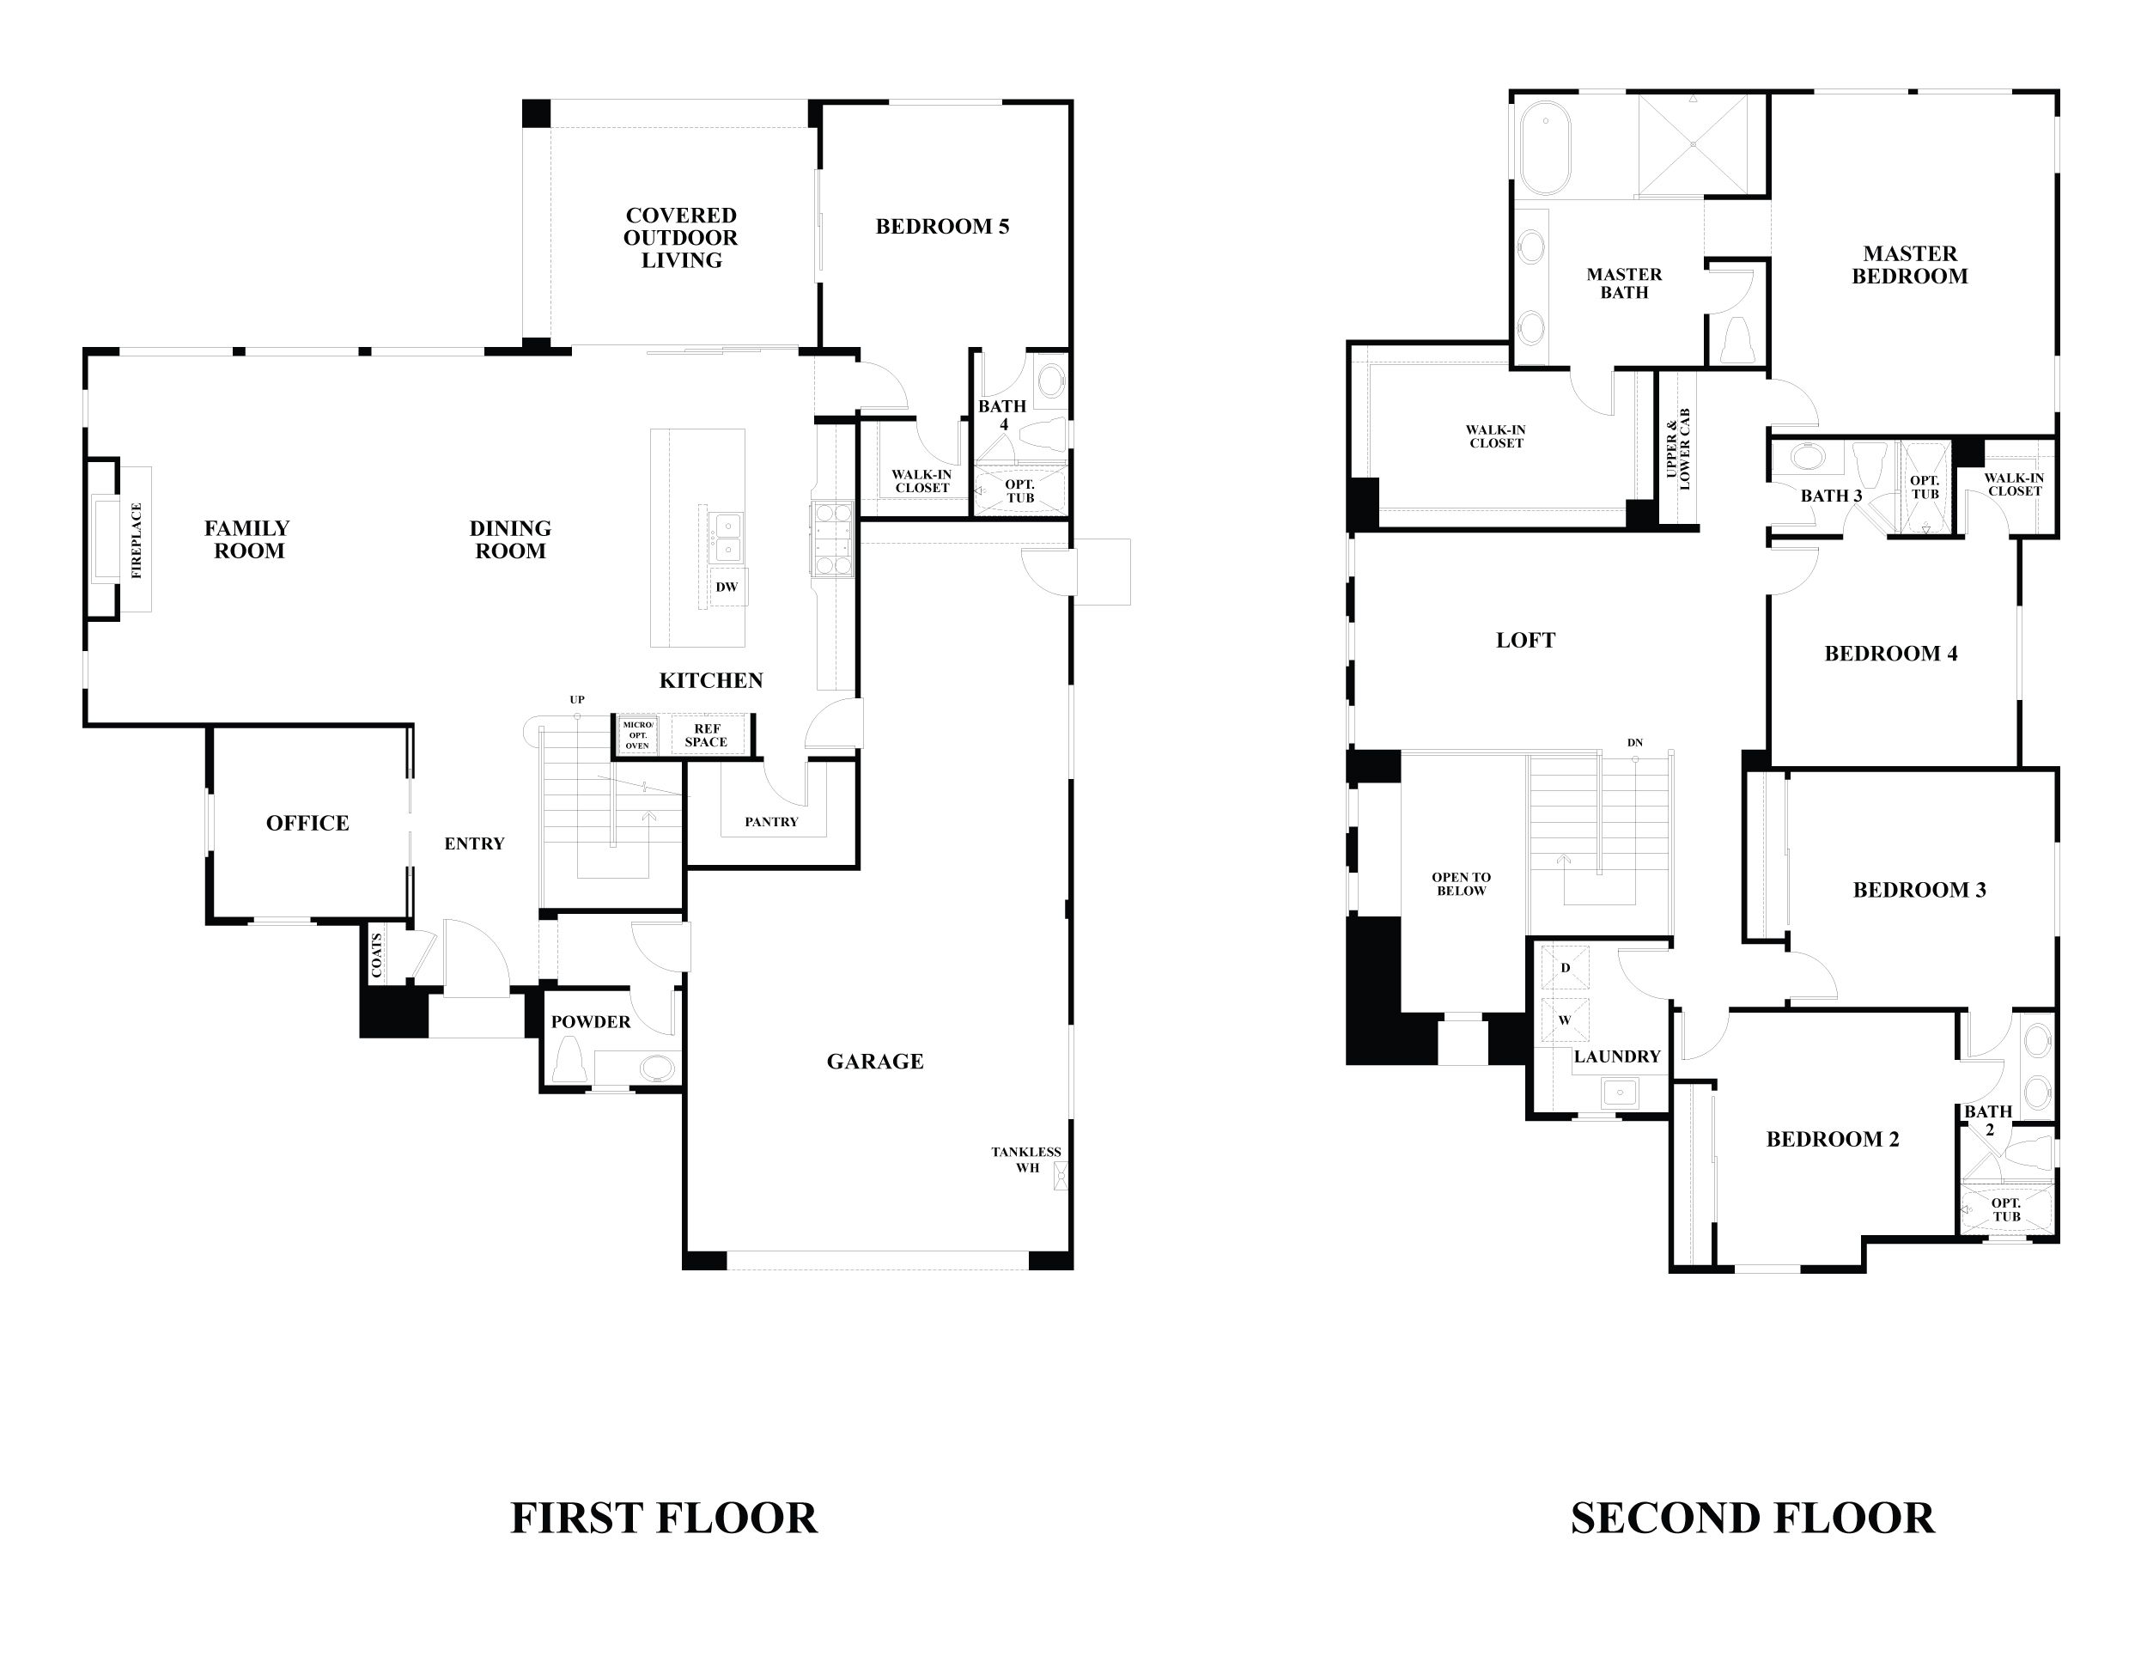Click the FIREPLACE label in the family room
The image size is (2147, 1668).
click(137, 539)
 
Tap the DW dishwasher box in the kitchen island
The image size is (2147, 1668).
click(727, 587)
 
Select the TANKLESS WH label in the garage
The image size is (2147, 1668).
click(1025, 1159)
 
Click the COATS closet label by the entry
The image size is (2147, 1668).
click(376, 953)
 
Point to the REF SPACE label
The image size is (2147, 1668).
click(706, 735)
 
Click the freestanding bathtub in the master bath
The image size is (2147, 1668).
click(1545, 148)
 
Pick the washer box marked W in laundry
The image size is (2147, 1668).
click(1564, 1020)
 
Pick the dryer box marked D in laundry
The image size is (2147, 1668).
click(1565, 967)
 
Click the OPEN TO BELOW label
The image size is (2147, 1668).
click(1461, 884)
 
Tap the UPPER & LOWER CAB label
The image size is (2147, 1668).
click(1678, 448)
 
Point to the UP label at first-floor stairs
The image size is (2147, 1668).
click(577, 700)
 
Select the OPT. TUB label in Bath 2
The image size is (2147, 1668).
click(2006, 1209)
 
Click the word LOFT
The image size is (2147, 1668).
click(1524, 641)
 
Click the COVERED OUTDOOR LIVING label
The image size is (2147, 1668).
click(680, 238)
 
